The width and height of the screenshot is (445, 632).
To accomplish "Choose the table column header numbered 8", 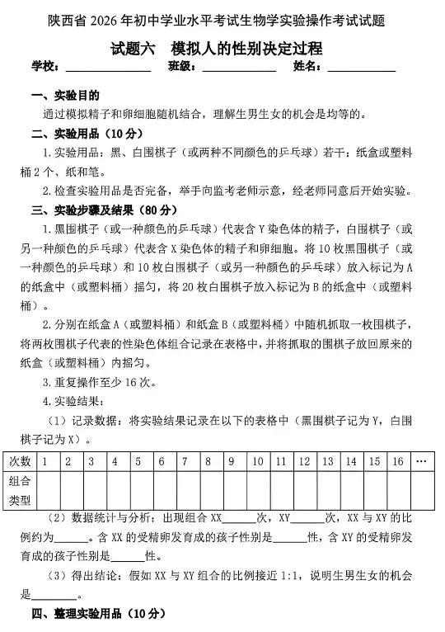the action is [x=208, y=461].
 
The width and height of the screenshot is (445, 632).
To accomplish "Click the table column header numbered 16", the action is [x=398, y=461].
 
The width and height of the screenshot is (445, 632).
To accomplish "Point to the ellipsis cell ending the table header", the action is [x=422, y=461].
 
